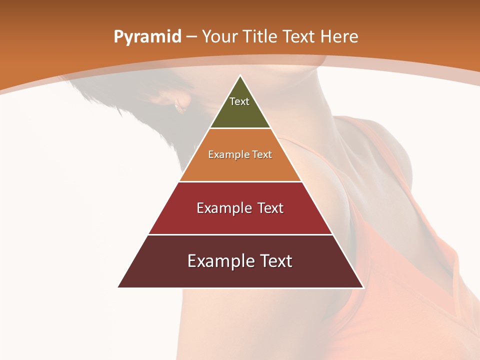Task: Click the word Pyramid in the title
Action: coord(147,37)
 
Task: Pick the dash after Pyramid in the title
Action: coord(191,37)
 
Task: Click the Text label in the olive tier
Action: coord(239,101)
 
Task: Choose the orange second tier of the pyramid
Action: coord(240,165)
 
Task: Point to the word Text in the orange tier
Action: coord(262,155)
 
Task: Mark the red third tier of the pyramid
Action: coord(240,220)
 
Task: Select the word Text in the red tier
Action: coord(270,208)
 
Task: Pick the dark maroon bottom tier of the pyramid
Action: coord(240,275)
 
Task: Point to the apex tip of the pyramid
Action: coord(240,76)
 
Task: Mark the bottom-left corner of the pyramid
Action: coord(118,287)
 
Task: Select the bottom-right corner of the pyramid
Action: coord(363,287)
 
